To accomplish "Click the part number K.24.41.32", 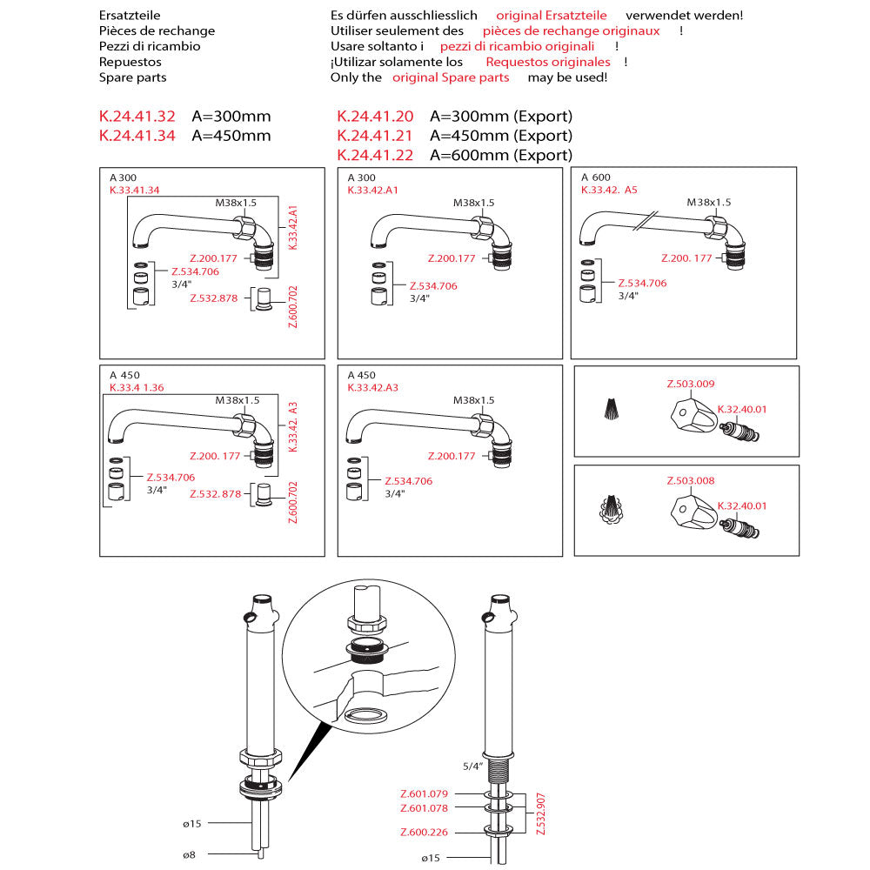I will pyautogui.click(x=137, y=117).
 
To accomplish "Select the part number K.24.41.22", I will pyautogui.click(x=375, y=156).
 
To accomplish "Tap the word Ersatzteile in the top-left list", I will pyautogui.click(x=130, y=16).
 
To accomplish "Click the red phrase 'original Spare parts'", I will pyautogui.click(x=451, y=77).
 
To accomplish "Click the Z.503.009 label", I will pyautogui.click(x=691, y=384).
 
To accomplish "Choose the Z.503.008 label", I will pyautogui.click(x=691, y=481).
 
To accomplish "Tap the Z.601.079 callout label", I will pyautogui.click(x=424, y=793).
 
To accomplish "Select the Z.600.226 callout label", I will pyautogui.click(x=424, y=833).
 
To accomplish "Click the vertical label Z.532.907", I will pyautogui.click(x=541, y=813).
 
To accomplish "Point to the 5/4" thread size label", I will pyautogui.click(x=472, y=766).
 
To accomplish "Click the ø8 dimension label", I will pyautogui.click(x=190, y=855).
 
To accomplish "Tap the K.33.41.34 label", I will pyautogui.click(x=134, y=190).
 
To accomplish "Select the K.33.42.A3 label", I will pyautogui.click(x=372, y=387).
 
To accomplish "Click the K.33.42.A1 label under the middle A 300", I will pyautogui.click(x=372, y=190).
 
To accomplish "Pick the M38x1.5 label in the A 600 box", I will pyautogui.click(x=709, y=203).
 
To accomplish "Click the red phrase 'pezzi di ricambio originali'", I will pyautogui.click(x=518, y=46).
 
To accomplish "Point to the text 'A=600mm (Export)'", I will pyautogui.click(x=501, y=156).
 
